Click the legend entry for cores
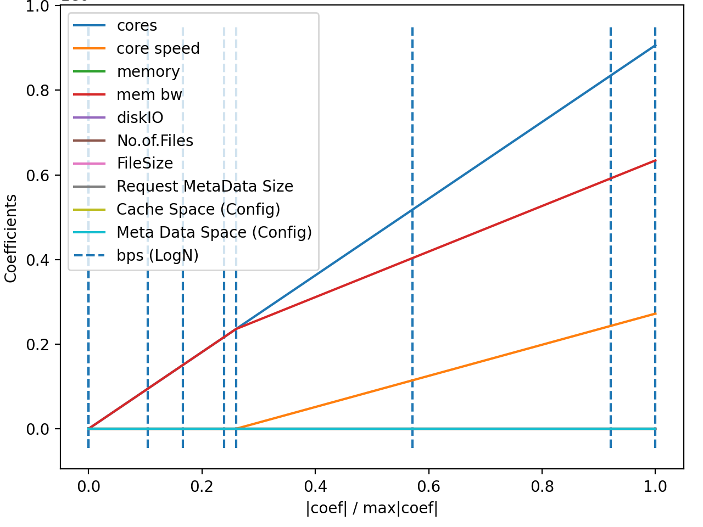coord(137,26)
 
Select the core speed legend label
coord(158,49)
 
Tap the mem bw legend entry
coord(149,95)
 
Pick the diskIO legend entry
coord(140,118)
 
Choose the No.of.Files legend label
coord(155,141)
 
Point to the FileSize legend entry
coord(144,164)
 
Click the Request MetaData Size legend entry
coord(204,187)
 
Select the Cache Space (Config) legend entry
coord(198,210)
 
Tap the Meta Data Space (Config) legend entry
coord(214,233)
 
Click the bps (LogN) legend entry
coord(157,256)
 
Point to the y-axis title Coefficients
coord(11,239)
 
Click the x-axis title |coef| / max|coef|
coord(372,508)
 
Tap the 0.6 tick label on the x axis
coord(428,486)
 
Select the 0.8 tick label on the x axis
coord(542,486)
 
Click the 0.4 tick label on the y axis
coord(38,260)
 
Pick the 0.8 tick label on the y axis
coord(38,91)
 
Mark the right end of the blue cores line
coord(655,46)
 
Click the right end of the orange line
coord(655,314)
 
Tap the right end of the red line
coord(655,160)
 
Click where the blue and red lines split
coord(236,329)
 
